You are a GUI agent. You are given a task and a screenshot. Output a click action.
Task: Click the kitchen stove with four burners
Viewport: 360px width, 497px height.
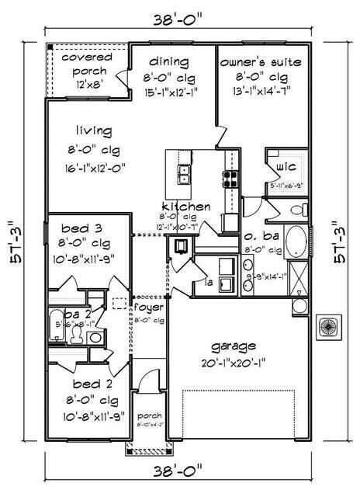tap(231, 179)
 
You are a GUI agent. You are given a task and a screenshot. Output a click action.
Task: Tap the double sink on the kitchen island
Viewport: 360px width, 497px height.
tap(185, 176)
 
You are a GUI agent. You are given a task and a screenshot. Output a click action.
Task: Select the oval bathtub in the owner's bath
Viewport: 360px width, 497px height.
tap(296, 242)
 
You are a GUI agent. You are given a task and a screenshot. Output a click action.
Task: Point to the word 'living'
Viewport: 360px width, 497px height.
tap(94, 130)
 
